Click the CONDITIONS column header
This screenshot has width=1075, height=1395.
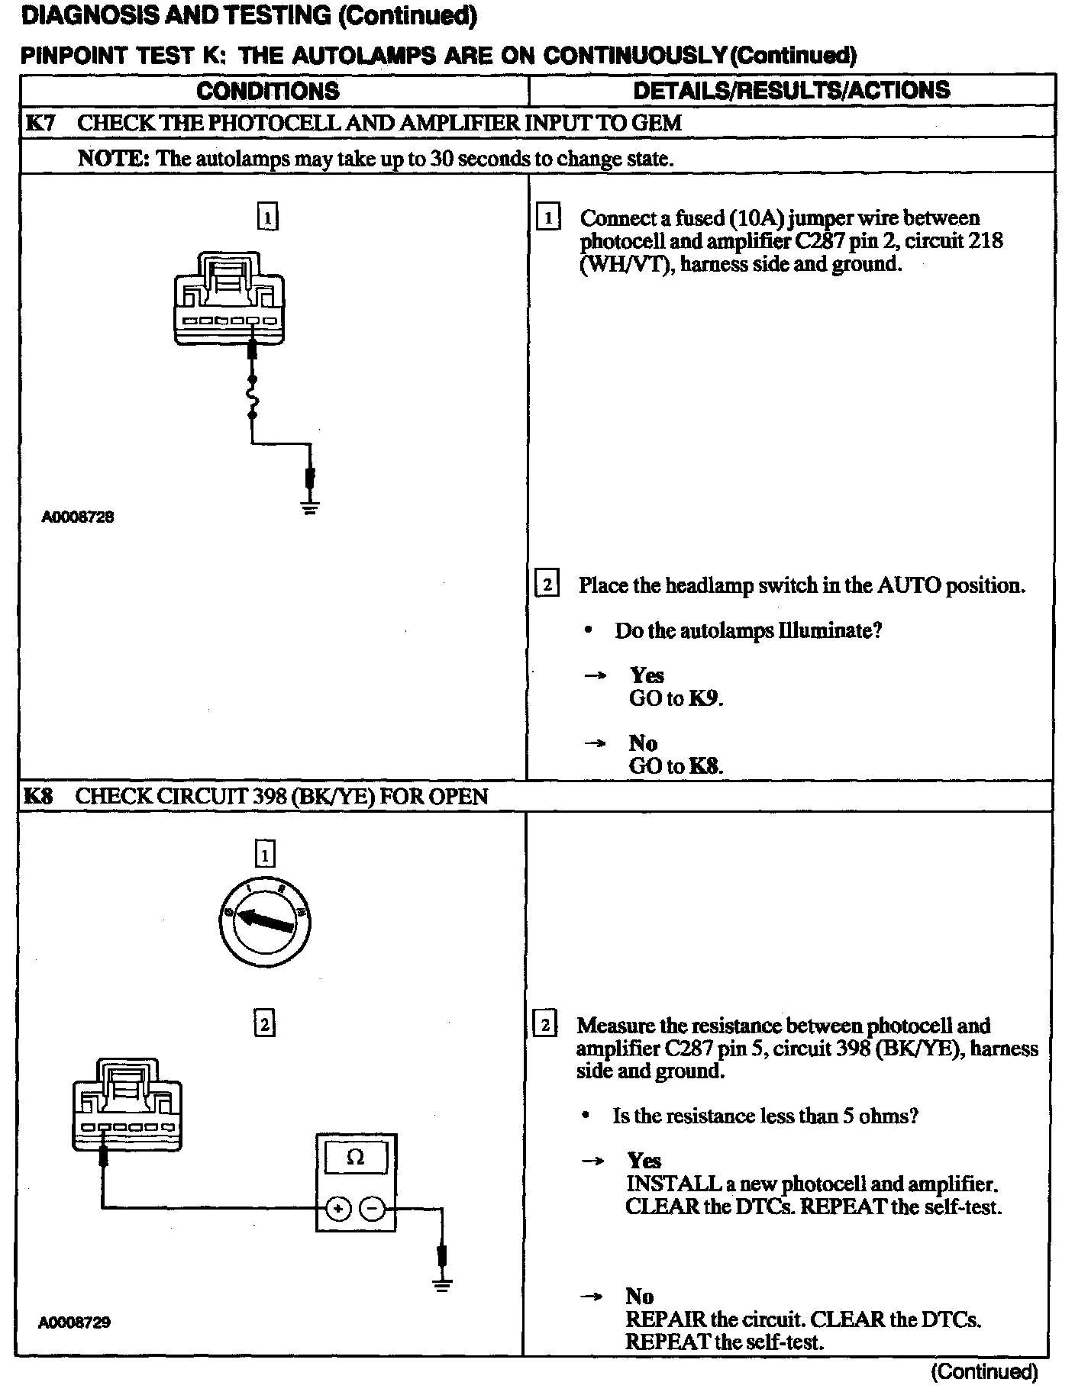pyautogui.click(x=268, y=91)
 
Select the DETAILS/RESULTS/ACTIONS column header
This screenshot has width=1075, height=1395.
pyautogui.click(x=792, y=90)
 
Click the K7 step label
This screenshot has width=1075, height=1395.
pyautogui.click(x=40, y=123)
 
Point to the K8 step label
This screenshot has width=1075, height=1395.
pyautogui.click(x=38, y=797)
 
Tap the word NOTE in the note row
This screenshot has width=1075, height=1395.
pyautogui.click(x=112, y=159)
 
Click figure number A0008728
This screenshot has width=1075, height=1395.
pyautogui.click(x=78, y=517)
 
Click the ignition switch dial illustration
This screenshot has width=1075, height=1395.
pyautogui.click(x=264, y=920)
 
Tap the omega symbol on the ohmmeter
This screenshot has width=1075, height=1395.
pyautogui.click(x=356, y=1157)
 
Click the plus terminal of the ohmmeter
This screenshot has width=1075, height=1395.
pyautogui.click(x=338, y=1209)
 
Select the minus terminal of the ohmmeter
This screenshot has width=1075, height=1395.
pyautogui.click(x=373, y=1209)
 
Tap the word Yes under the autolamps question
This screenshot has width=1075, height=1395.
pyautogui.click(x=647, y=675)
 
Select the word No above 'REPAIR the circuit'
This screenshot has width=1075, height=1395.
pyautogui.click(x=639, y=1296)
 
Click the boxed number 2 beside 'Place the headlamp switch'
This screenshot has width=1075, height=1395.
pyautogui.click(x=547, y=585)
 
